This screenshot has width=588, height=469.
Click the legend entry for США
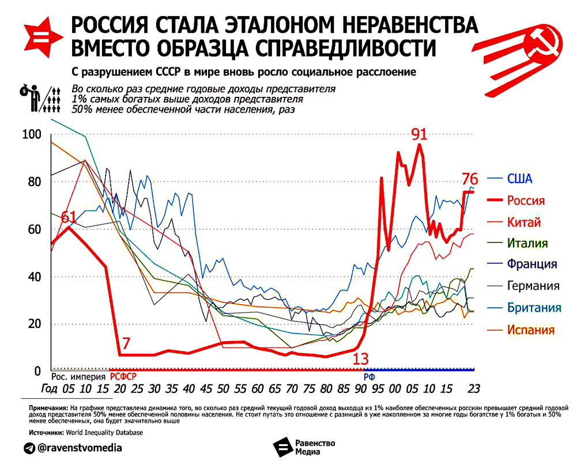pyautogui.click(x=519, y=178)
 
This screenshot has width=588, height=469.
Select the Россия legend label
pyautogui.click(x=525, y=201)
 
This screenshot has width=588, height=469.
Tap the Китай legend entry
pyautogui.click(x=523, y=222)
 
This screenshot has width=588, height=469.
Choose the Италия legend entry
pyautogui.click(x=527, y=243)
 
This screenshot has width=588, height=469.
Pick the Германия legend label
pyautogui.click(x=533, y=285)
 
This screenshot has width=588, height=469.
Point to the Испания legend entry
pyautogui.click(x=530, y=330)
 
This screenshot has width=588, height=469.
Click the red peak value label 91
pyautogui.click(x=419, y=134)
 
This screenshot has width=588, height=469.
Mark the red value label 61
pyautogui.click(x=68, y=217)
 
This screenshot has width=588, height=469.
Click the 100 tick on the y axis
pyautogui.click(x=32, y=135)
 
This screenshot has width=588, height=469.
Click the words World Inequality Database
pyautogui.click(x=103, y=432)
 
